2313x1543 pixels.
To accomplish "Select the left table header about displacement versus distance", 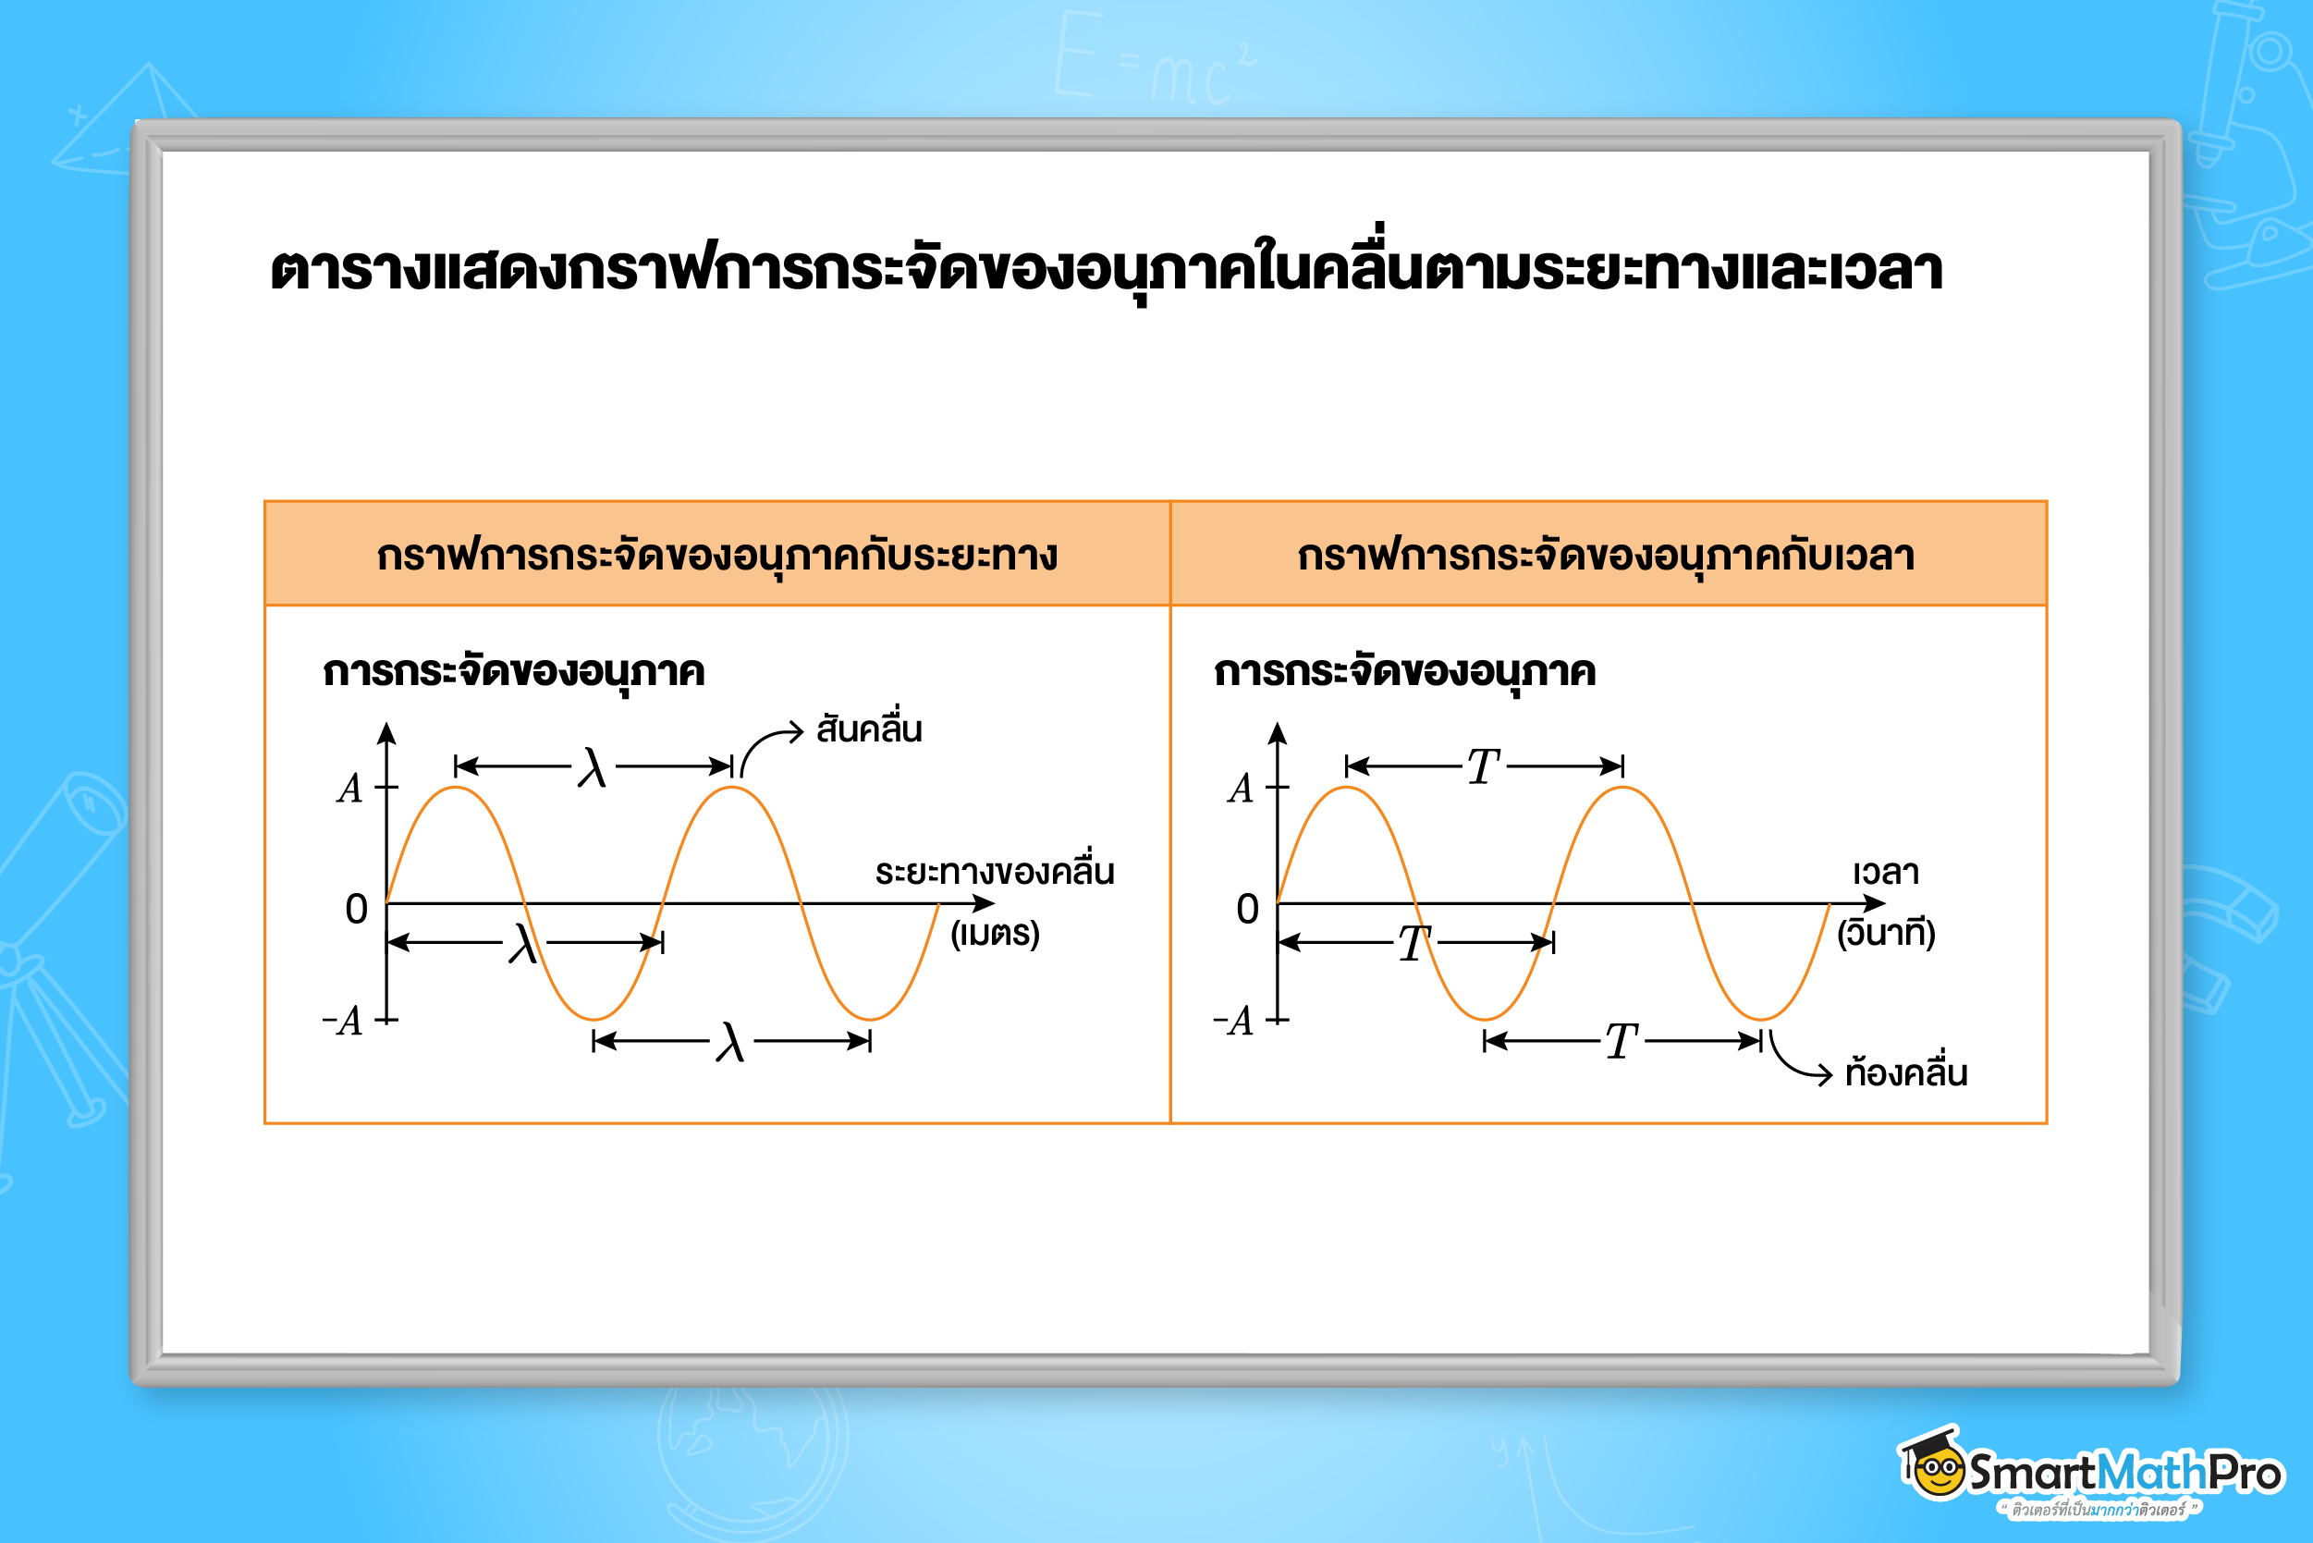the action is click(717, 556).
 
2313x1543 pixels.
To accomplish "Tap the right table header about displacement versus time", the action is click(1607, 556).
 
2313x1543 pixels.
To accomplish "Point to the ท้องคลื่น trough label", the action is click(1906, 1071).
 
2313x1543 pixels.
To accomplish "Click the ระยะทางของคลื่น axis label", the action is click(995, 869).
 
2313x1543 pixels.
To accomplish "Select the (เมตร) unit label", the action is click(995, 933).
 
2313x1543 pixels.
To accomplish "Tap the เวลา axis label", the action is click(1886, 872).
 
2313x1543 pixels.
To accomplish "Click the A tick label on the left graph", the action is click(350, 789).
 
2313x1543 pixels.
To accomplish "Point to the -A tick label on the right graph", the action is click(1234, 1022).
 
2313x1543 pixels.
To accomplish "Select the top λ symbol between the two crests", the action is click(593, 766).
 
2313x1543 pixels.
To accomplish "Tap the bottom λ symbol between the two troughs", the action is click(730, 1042).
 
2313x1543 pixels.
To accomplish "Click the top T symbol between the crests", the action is click(1483, 766).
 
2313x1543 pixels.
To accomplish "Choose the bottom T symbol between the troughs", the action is click(1622, 1041).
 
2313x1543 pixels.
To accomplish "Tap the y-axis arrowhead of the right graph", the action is click(1277, 733).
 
